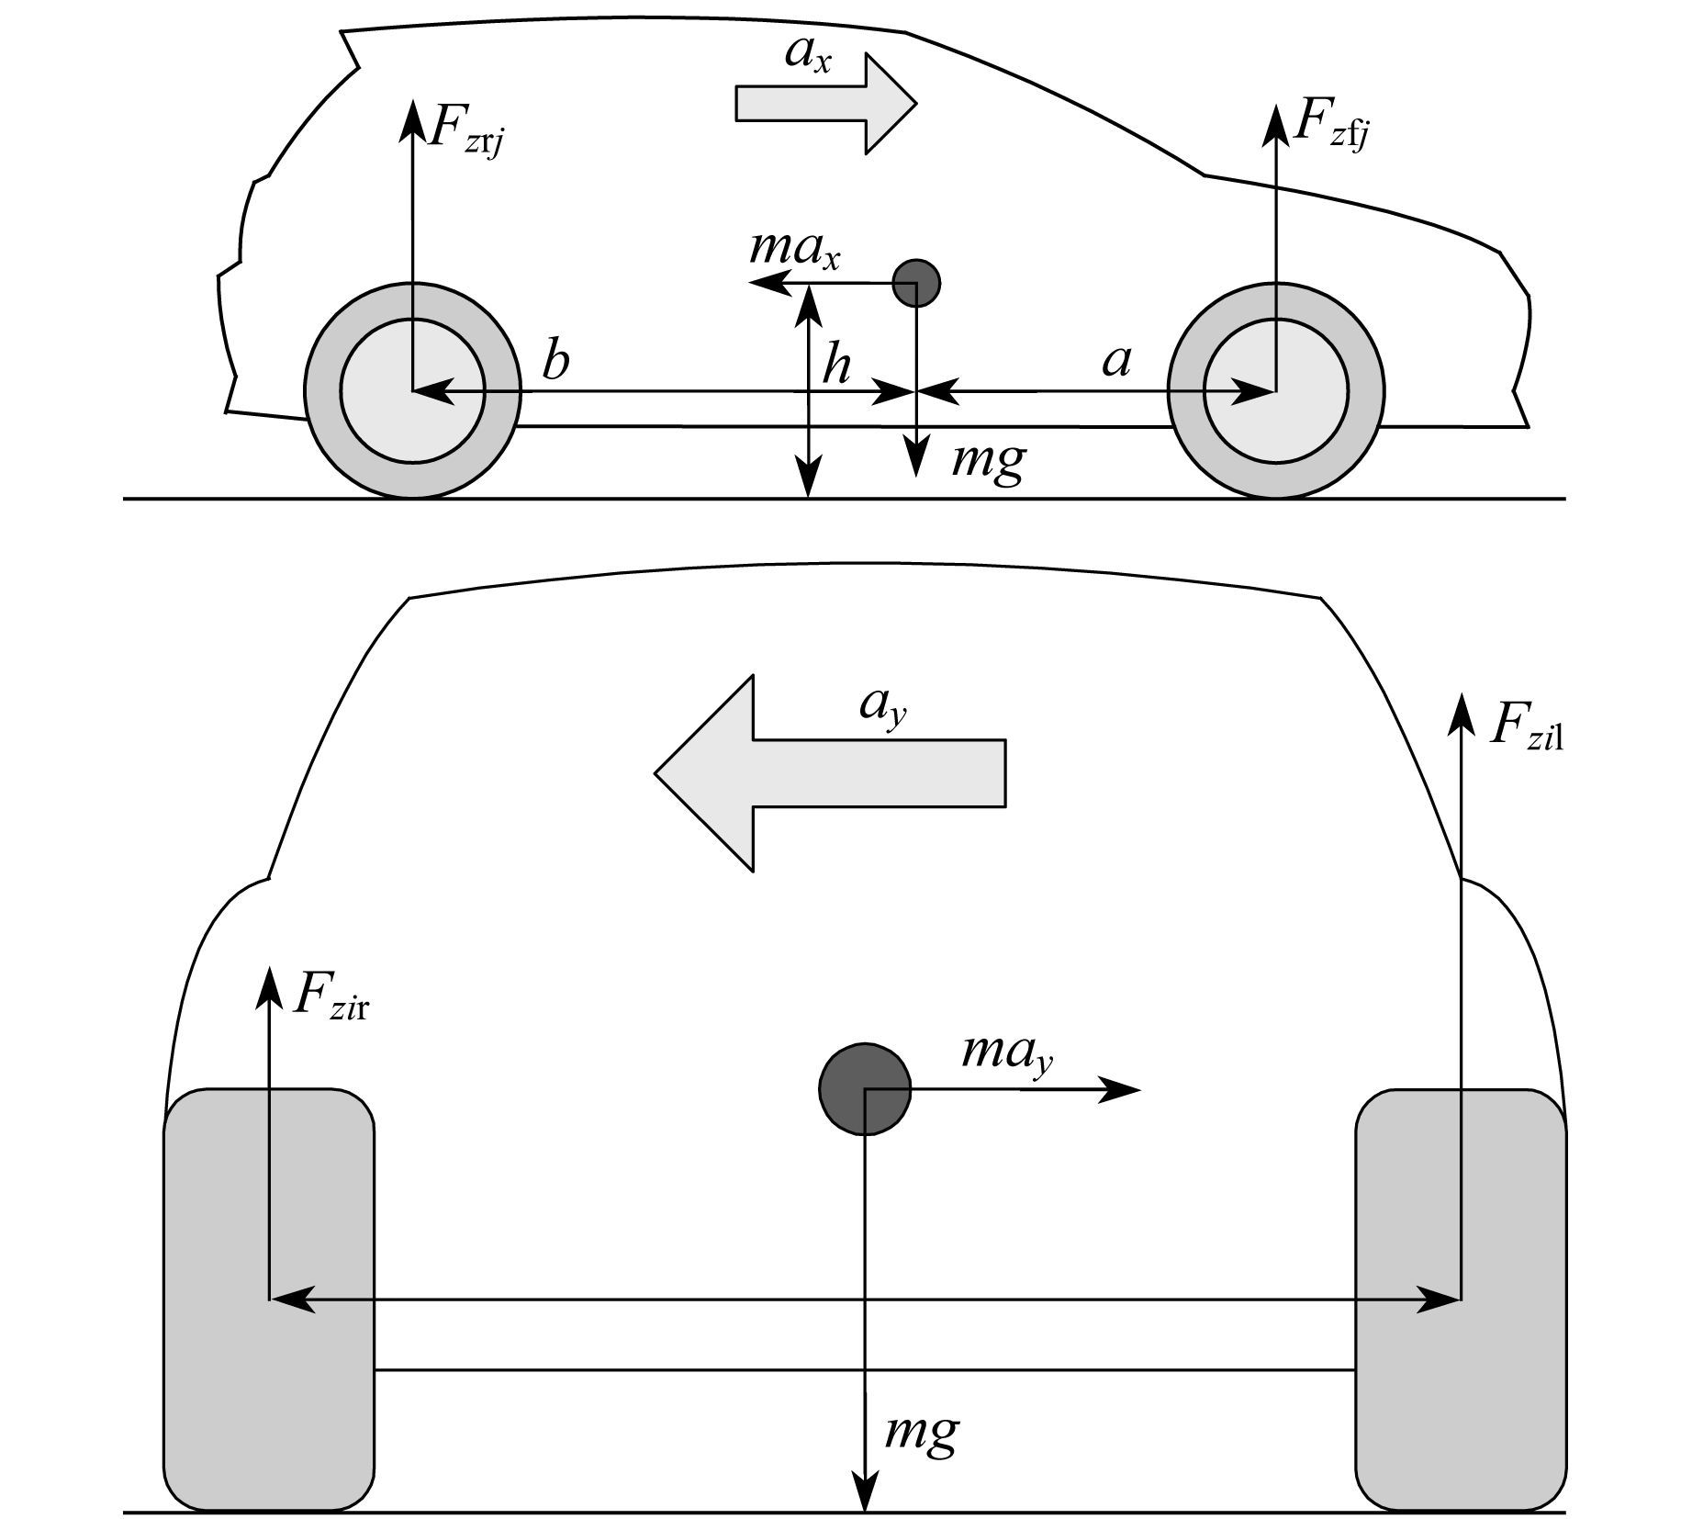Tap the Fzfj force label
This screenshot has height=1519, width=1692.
pos(1332,127)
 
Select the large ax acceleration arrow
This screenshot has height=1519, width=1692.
pos(826,103)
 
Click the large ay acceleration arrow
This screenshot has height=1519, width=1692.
pos(830,773)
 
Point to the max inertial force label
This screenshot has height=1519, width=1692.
pos(795,250)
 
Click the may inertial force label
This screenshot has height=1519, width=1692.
pos(1007,1053)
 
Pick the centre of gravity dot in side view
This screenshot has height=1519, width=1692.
pos(916,282)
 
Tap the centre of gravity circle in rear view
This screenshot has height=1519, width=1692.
pos(865,1089)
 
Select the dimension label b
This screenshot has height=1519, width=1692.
pos(555,359)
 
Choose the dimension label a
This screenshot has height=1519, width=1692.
pos(1116,362)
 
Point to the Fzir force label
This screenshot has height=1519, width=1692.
pos(331,996)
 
